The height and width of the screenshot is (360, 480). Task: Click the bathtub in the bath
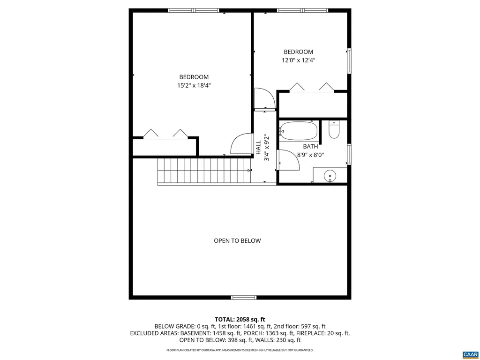(x=299, y=131)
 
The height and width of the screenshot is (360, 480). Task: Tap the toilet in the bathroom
(x=334, y=130)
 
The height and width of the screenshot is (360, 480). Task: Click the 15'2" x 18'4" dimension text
(x=194, y=86)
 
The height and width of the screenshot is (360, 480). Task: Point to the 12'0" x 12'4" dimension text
(x=299, y=60)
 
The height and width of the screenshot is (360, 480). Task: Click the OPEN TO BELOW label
(x=237, y=241)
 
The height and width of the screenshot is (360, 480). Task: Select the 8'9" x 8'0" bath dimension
(x=310, y=154)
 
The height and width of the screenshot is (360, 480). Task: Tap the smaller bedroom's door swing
(x=265, y=98)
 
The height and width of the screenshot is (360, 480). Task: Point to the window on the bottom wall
(x=244, y=297)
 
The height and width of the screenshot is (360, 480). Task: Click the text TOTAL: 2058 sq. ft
(x=240, y=319)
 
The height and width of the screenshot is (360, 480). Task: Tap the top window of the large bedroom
(x=193, y=10)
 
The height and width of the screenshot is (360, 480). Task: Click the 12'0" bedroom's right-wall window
(x=349, y=61)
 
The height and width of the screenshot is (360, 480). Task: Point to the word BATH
(x=310, y=146)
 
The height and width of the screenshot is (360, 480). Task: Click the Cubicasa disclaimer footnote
(x=240, y=350)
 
